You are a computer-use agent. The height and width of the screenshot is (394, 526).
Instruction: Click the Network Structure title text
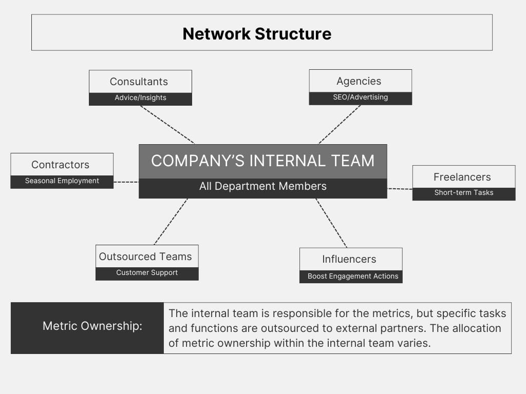[x=257, y=34]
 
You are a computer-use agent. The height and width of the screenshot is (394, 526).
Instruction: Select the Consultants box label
[x=139, y=82]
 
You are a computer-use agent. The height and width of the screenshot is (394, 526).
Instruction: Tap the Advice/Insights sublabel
[x=141, y=97]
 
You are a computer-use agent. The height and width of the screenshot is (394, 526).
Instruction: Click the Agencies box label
[x=359, y=81]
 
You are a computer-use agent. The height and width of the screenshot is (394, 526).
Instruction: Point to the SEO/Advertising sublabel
[x=361, y=97]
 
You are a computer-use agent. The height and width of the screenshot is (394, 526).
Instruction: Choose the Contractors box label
[x=61, y=165]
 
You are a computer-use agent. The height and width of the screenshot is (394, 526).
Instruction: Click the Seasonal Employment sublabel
[x=62, y=181]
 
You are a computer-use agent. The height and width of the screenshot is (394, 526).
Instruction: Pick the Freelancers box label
[x=462, y=177]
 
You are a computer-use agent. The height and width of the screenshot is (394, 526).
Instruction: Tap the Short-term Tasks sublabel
[x=464, y=193]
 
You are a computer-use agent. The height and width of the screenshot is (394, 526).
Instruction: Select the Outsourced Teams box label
[x=145, y=257]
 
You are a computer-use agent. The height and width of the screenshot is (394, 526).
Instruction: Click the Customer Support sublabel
[x=147, y=273]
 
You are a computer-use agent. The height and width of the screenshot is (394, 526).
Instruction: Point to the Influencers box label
[x=349, y=259]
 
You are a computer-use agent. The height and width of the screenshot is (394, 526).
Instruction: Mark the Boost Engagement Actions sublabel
[x=353, y=276]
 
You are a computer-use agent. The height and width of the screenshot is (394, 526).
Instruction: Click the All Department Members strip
[x=263, y=188]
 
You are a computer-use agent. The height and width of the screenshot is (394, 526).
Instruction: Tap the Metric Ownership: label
[x=92, y=326]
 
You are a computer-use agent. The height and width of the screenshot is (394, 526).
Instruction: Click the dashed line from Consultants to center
[x=167, y=125]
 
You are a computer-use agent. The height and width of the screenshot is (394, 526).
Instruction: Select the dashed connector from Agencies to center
[x=340, y=124]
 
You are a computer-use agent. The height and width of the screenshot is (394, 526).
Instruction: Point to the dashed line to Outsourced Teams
[x=171, y=222]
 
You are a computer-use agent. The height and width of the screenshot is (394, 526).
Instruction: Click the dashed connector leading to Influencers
[x=331, y=223]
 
